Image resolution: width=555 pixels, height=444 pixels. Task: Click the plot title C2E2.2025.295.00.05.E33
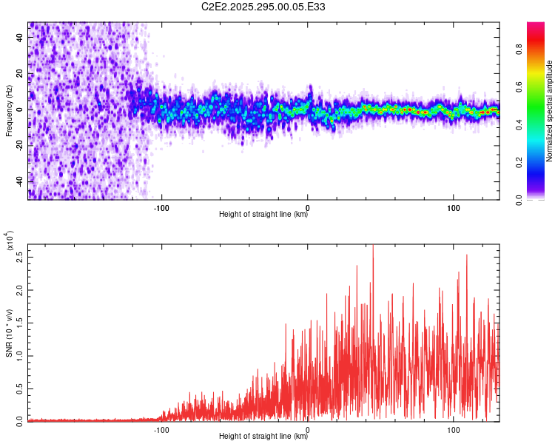[263, 7]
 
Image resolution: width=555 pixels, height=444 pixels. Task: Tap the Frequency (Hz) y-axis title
[9, 110]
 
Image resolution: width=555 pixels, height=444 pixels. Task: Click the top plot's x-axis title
[263, 215]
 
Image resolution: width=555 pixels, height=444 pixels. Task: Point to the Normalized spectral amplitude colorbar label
[550, 110]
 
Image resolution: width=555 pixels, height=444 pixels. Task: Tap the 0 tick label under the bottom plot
[308, 428]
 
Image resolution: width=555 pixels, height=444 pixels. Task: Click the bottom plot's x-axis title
[263, 437]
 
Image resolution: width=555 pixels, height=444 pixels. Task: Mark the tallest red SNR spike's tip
[373, 246]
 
